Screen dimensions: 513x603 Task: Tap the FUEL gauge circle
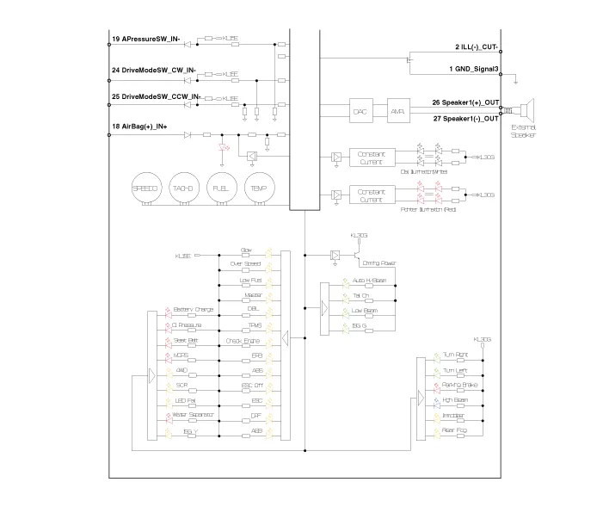pyautogui.click(x=221, y=187)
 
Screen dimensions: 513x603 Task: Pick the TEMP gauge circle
pyautogui.click(x=259, y=187)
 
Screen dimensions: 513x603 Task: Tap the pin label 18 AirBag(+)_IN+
pyautogui.click(x=139, y=127)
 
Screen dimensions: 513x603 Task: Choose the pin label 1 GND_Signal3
pyautogui.click(x=474, y=68)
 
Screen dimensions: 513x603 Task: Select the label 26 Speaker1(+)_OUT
pyautogui.click(x=465, y=102)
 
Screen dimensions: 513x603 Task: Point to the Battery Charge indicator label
pyautogui.click(x=193, y=310)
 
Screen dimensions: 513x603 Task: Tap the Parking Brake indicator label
pyautogui.click(x=459, y=386)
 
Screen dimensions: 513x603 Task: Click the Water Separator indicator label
pyautogui.click(x=193, y=415)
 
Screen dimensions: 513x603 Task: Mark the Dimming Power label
pyautogui.click(x=378, y=262)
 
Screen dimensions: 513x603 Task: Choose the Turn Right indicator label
pyautogui.click(x=455, y=354)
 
